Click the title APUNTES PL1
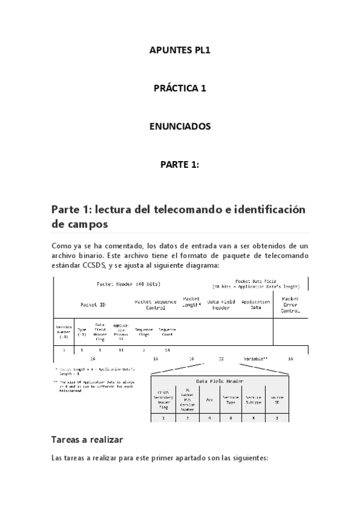coord(180,50)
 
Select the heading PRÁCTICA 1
coord(180,88)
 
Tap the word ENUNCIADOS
coord(180,126)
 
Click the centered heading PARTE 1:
coord(180,165)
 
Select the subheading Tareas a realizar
coord(87,440)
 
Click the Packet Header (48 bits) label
coord(128,284)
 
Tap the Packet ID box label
coord(93,305)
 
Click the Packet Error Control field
coord(290,305)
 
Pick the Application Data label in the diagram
coord(255,305)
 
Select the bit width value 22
coord(221,358)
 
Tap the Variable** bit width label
coord(255,358)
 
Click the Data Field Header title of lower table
coord(219,381)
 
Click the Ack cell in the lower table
coord(209,399)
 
